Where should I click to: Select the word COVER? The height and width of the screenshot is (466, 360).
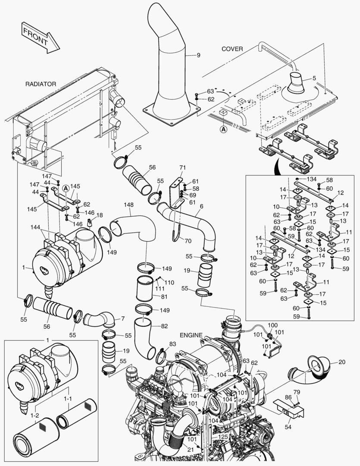pyautogui.click(x=232, y=49)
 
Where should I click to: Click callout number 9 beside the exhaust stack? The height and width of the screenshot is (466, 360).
pyautogui.click(x=199, y=55)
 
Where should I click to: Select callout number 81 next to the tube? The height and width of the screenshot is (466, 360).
pyautogui.click(x=164, y=296)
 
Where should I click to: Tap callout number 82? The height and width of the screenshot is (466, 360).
pyautogui.click(x=164, y=326)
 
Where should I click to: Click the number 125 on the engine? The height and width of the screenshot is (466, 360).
pyautogui.click(x=222, y=437)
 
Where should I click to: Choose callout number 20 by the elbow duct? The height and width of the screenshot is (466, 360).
pyautogui.click(x=341, y=362)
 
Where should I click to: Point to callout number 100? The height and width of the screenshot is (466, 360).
pyautogui.click(x=273, y=324)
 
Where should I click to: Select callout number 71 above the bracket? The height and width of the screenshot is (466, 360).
pyautogui.click(x=182, y=167)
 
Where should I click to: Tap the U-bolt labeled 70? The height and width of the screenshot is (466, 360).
pyautogui.click(x=175, y=235)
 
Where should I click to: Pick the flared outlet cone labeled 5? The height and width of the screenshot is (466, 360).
pyautogui.click(x=297, y=83)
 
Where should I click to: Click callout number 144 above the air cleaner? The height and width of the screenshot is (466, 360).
pyautogui.click(x=36, y=227)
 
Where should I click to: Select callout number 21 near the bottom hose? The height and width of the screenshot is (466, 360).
pyautogui.click(x=191, y=449)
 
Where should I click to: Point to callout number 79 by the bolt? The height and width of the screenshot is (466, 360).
pyautogui.click(x=297, y=392)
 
